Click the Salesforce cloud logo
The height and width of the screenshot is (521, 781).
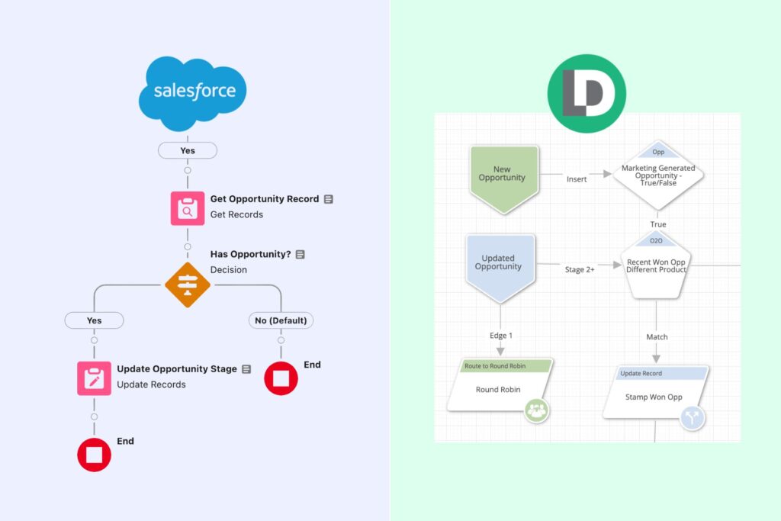point(193,92)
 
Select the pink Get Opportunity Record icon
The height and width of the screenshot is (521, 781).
point(187,207)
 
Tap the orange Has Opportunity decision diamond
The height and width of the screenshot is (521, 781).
point(187,285)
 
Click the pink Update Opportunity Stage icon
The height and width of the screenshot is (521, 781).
point(94,378)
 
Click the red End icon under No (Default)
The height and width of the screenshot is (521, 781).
point(281,378)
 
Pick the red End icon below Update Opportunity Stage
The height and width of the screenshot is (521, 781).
point(94,455)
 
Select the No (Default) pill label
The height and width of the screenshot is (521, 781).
point(281,320)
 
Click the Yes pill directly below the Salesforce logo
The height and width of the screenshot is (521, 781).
point(188,150)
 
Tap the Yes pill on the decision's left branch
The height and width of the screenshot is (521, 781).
point(94,320)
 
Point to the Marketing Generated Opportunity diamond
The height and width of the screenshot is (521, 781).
point(657,174)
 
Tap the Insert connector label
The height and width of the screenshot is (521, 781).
point(577,179)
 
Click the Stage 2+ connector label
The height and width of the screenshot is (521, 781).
point(580,269)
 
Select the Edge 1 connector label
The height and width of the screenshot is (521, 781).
point(500,336)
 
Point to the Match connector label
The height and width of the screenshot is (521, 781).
point(657,336)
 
